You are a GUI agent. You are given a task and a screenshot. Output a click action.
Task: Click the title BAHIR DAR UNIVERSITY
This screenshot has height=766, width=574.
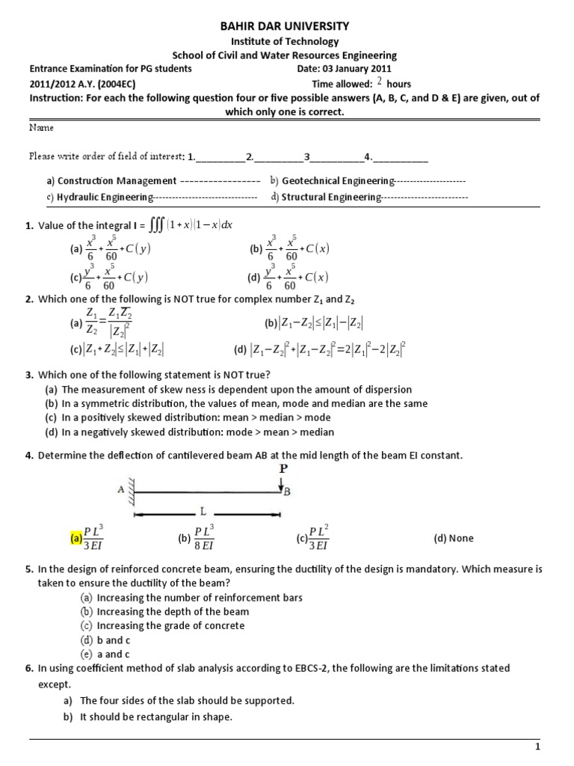click(284, 26)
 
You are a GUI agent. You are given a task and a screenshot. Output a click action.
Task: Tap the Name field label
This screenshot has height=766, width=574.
click(41, 128)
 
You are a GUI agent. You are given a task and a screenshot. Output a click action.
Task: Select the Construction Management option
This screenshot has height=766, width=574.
click(117, 181)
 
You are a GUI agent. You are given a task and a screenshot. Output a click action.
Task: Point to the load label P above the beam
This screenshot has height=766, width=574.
click(282, 468)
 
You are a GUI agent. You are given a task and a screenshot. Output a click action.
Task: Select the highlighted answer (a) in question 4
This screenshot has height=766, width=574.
click(75, 538)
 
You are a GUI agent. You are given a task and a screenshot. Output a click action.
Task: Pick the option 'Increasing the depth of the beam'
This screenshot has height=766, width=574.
click(173, 612)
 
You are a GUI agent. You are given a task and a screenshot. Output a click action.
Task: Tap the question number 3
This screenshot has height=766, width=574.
click(28, 375)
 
